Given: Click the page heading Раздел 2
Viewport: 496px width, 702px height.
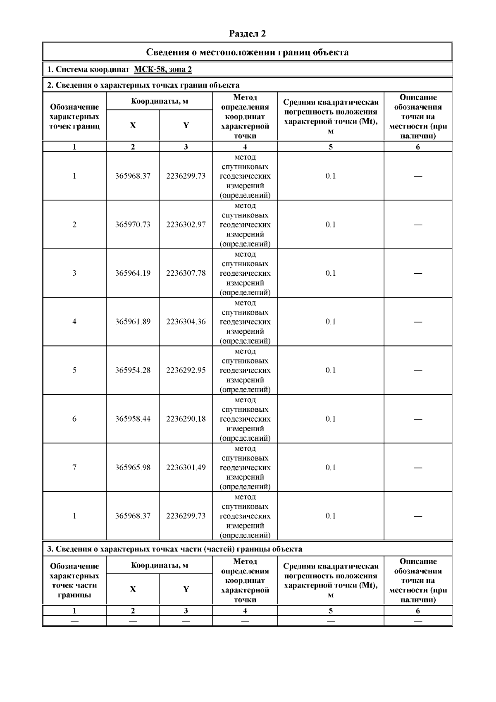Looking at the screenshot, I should tap(247, 33).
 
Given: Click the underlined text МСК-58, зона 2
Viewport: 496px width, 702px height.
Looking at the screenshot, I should tap(163, 69).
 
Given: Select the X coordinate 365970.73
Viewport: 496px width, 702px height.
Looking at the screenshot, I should tap(133, 224).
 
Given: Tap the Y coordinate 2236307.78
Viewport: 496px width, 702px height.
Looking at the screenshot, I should tap(186, 273).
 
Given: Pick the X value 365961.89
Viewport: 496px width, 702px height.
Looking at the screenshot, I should tap(133, 322).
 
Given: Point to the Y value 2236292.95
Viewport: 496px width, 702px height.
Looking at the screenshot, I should tap(186, 370).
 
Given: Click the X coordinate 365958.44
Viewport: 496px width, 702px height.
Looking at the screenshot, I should tap(133, 419).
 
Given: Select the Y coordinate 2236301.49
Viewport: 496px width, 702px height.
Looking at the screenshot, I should tap(186, 467).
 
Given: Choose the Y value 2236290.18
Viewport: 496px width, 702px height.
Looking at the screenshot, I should tap(186, 419).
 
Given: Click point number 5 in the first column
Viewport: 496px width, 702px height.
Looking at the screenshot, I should tap(74, 370).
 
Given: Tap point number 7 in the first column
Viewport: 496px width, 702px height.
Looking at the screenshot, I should tap(74, 467).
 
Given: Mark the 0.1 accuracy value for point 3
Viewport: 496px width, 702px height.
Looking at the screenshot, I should tap(331, 273).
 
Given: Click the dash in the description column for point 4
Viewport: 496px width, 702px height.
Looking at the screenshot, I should tap(418, 322).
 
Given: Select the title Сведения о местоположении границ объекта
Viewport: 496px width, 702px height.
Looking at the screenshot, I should tap(247, 52).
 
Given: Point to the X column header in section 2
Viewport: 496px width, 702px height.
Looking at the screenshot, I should tap(133, 125).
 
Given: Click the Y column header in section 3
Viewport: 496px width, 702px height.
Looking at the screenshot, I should tap(186, 589).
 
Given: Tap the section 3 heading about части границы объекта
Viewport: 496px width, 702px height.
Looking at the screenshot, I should tap(174, 549).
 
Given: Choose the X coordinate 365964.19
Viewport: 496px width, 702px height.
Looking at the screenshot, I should tap(133, 273).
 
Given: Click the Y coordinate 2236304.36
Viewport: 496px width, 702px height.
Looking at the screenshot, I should tap(186, 322).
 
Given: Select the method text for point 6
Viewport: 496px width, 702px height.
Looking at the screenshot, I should tap(245, 419).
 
